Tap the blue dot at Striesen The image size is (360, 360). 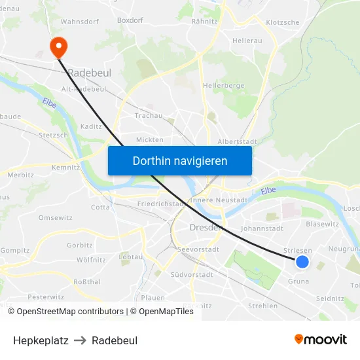tap(302, 262)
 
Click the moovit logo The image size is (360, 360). tap(321, 339)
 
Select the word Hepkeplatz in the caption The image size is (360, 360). tap(41, 340)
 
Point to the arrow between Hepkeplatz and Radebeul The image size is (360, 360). tap(80, 340)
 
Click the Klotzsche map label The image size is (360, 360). tap(283, 22)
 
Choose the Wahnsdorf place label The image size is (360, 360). tap(79, 22)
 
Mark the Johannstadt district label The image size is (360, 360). tap(262, 229)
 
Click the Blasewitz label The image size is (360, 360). tap(322, 223)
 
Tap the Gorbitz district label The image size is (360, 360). tap(80, 245)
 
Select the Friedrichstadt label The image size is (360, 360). tap(161, 204)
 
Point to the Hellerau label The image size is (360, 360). tap(247, 41)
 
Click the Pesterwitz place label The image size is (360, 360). tap(46, 297)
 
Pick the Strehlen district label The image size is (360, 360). tap(263, 306)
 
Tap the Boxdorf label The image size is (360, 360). tap(130, 20)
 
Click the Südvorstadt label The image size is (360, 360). tap(192, 275)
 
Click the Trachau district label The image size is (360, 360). tap(149, 116)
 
